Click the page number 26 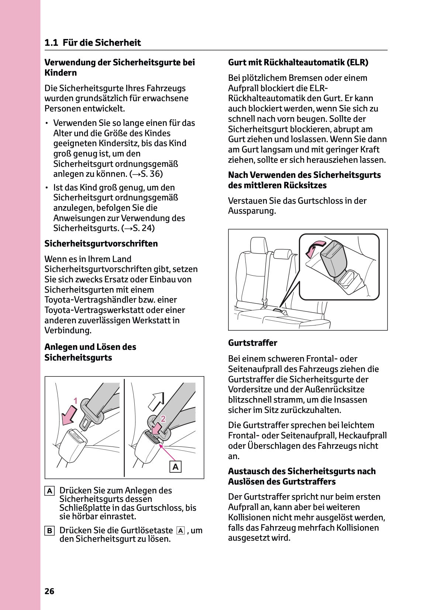click(49, 591)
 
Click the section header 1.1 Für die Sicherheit click(93, 43)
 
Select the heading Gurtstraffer click(252, 343)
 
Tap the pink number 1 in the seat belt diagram click(75, 401)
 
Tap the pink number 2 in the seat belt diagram click(163, 418)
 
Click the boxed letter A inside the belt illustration click(176, 467)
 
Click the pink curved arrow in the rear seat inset click(314, 248)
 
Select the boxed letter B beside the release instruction click(49, 531)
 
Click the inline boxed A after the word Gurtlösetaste click(180, 531)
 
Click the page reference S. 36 click(147, 174)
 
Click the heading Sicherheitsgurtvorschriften click(101, 244)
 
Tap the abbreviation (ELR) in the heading click(357, 62)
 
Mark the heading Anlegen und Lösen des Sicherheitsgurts click(90, 352)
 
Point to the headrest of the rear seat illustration click(260, 245)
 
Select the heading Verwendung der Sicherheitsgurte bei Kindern click(119, 67)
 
